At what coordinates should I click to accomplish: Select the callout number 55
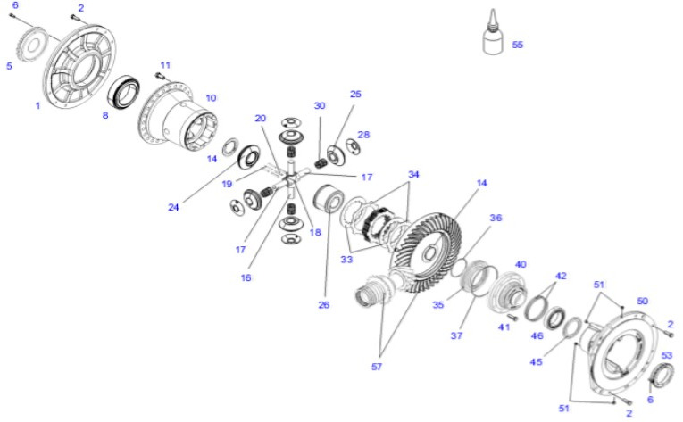[518, 45]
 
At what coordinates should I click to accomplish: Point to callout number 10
[211, 97]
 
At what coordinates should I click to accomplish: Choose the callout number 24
[173, 207]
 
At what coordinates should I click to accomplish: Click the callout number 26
[323, 303]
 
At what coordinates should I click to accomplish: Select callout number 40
[521, 264]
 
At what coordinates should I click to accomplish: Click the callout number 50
[642, 302]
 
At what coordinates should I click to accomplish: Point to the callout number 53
[666, 355]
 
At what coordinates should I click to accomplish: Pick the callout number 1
[37, 105]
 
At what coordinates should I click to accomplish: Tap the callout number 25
[355, 94]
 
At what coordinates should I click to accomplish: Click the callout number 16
[246, 277]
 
